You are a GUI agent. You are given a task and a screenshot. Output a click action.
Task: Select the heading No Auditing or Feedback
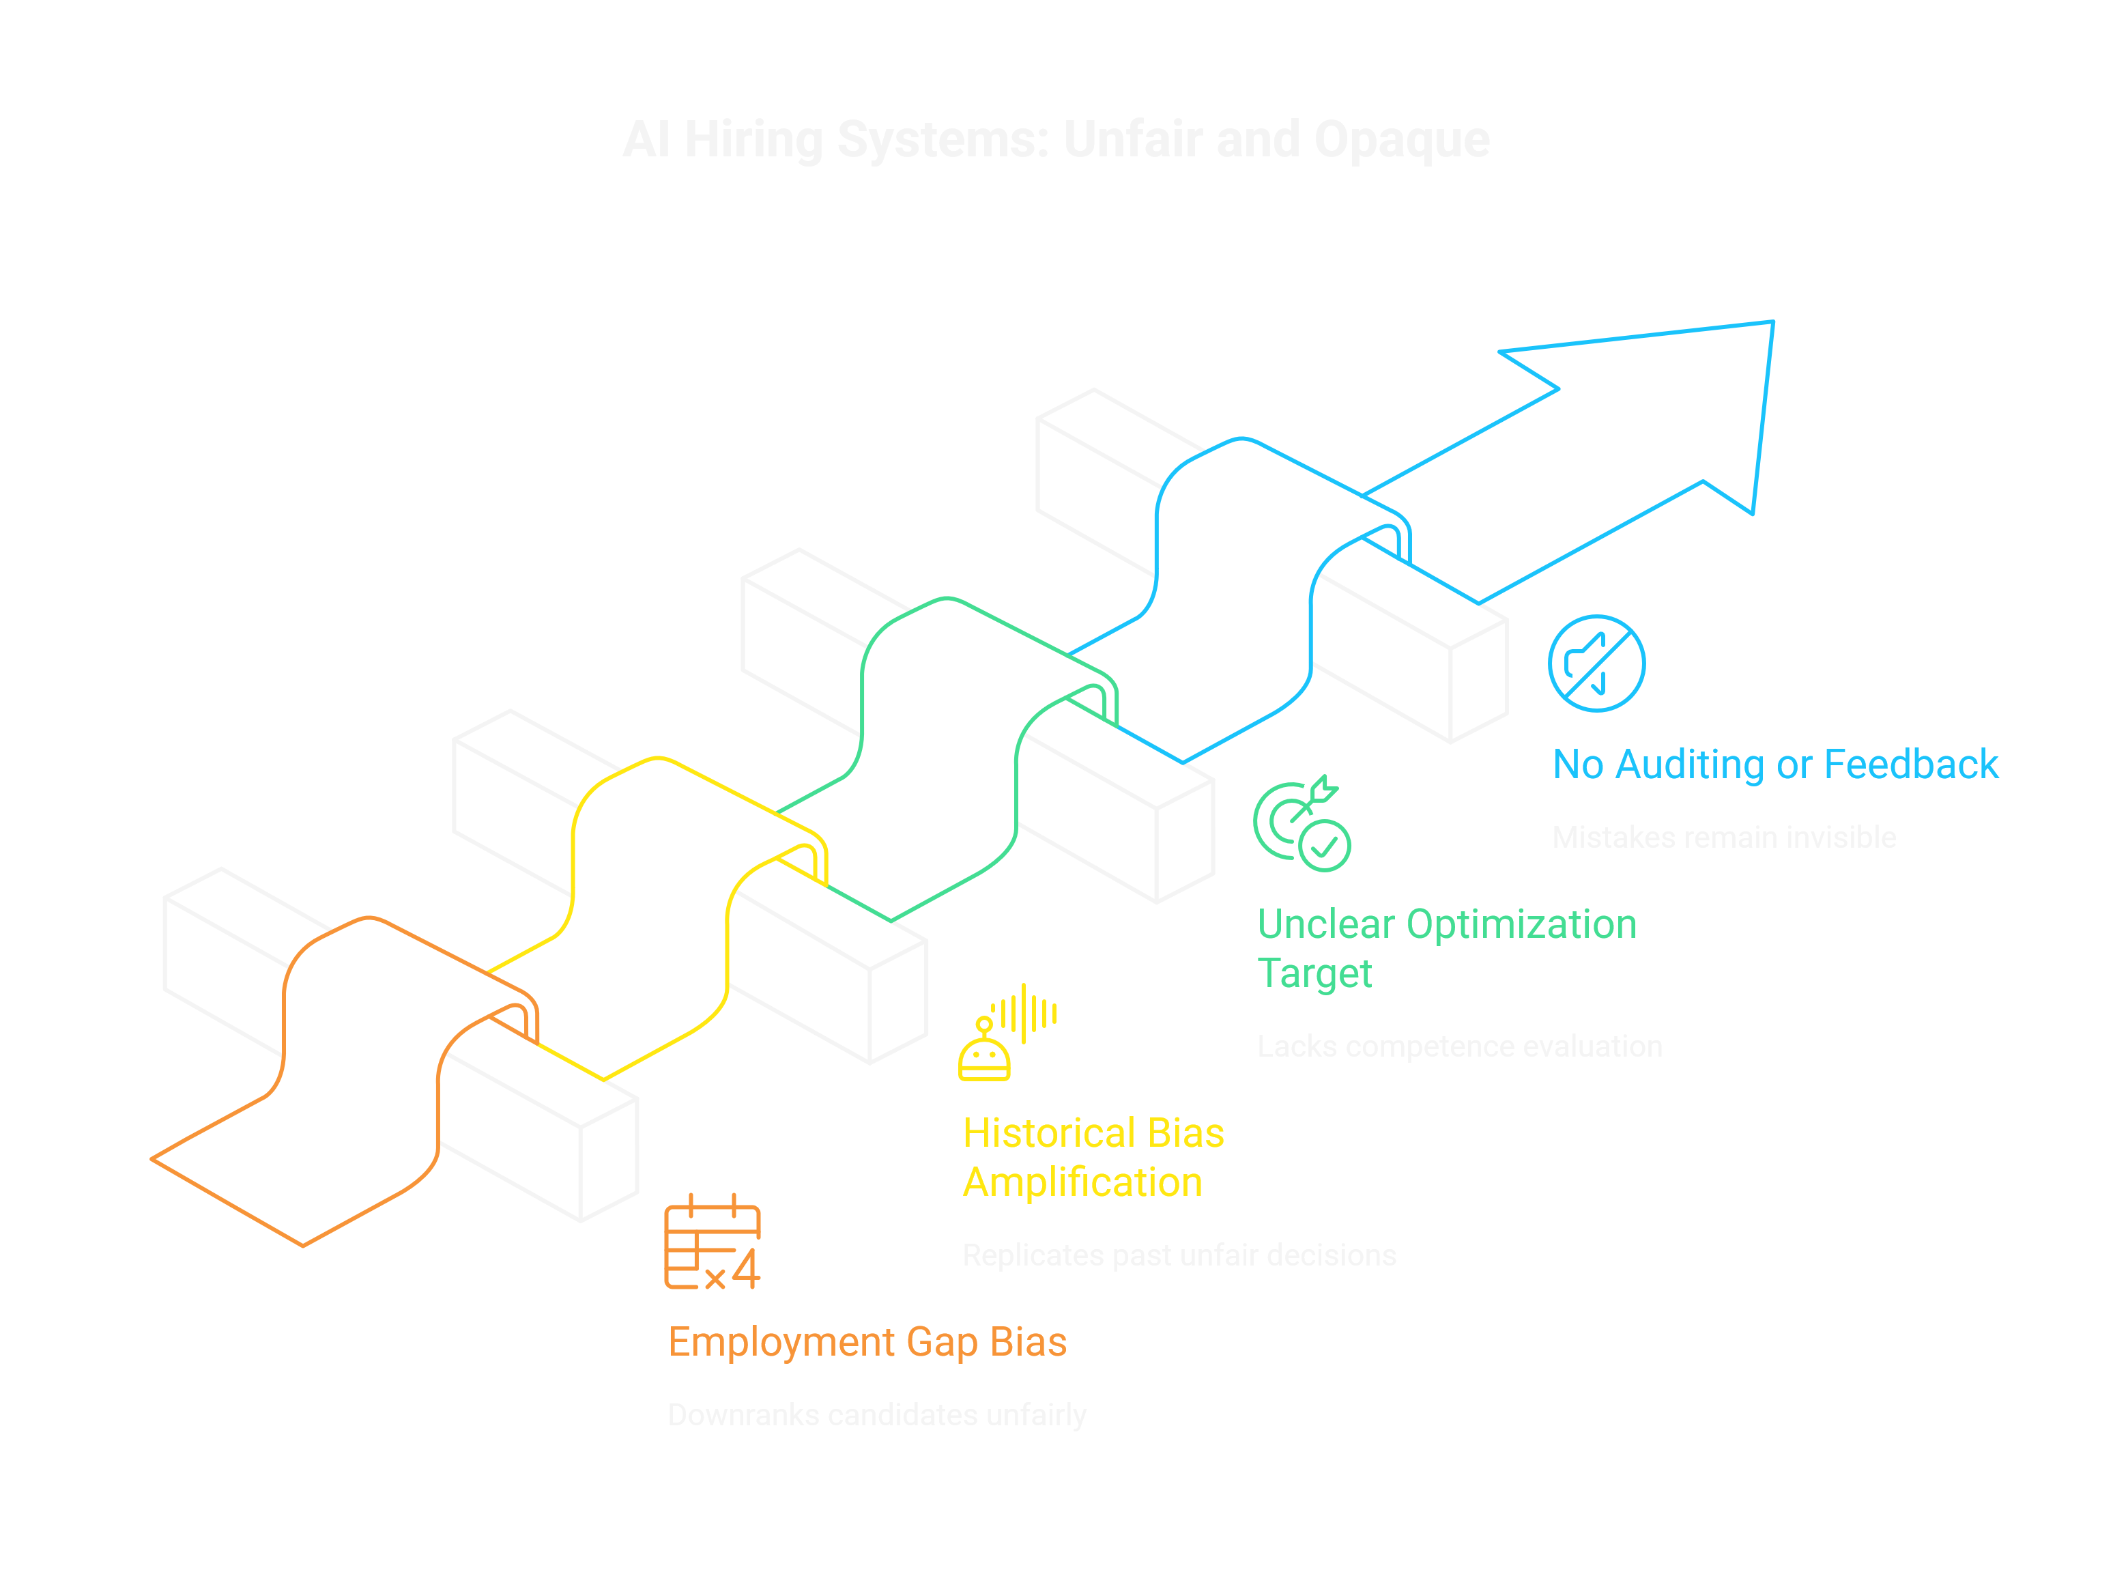click(x=1775, y=765)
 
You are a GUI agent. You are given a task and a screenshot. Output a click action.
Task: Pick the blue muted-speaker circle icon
click(x=1596, y=663)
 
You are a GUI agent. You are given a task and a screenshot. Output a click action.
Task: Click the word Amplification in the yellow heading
click(x=1082, y=1183)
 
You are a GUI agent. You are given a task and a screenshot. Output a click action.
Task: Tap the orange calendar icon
click(x=713, y=1242)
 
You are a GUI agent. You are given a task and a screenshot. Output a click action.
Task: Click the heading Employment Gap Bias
click(x=866, y=1342)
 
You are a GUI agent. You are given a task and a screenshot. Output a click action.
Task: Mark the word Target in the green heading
click(x=1314, y=973)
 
